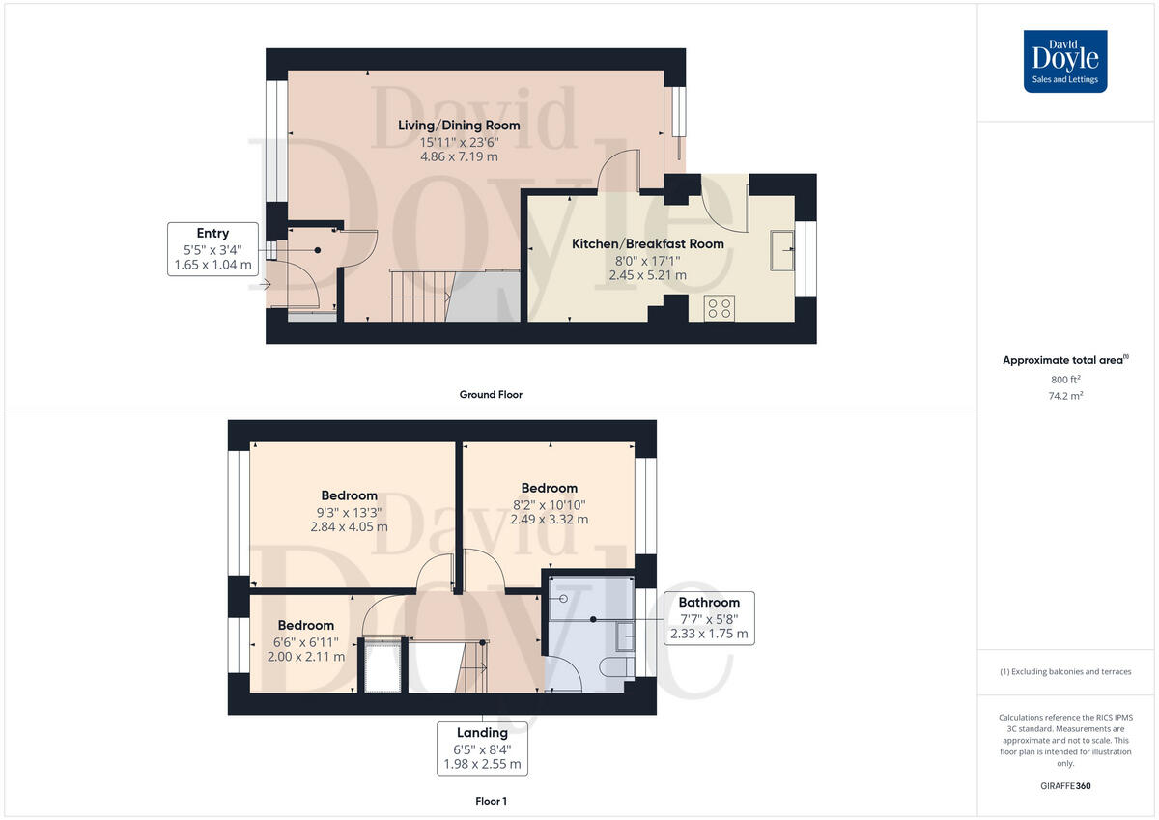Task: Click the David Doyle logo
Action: pos(1065,61)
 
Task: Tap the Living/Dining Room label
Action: pos(459,126)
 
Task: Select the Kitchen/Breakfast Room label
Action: pos(647,244)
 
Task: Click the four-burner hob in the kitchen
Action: pos(719,308)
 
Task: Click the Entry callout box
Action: pos(212,248)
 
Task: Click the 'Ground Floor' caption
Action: pos(491,395)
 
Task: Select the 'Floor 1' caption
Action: pos(491,801)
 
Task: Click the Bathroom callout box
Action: pos(709,618)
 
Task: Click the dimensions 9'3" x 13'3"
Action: pos(349,512)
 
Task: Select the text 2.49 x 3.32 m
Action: pos(549,520)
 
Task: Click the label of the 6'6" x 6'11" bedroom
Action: pos(306,625)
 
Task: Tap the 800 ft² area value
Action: pos(1064,380)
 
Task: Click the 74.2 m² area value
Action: pos(1064,396)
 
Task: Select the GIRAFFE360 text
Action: pos(1064,786)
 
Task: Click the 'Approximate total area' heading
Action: pos(1064,360)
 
